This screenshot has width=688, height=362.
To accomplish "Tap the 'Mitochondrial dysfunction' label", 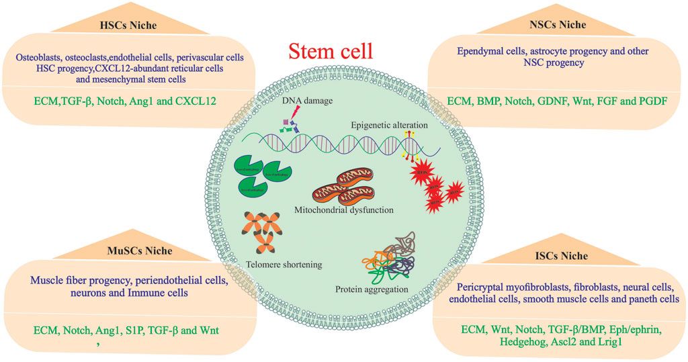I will coord(343,210).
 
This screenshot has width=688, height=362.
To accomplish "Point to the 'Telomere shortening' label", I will coord(284,265).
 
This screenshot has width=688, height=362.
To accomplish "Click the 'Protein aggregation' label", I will coord(370,289).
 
